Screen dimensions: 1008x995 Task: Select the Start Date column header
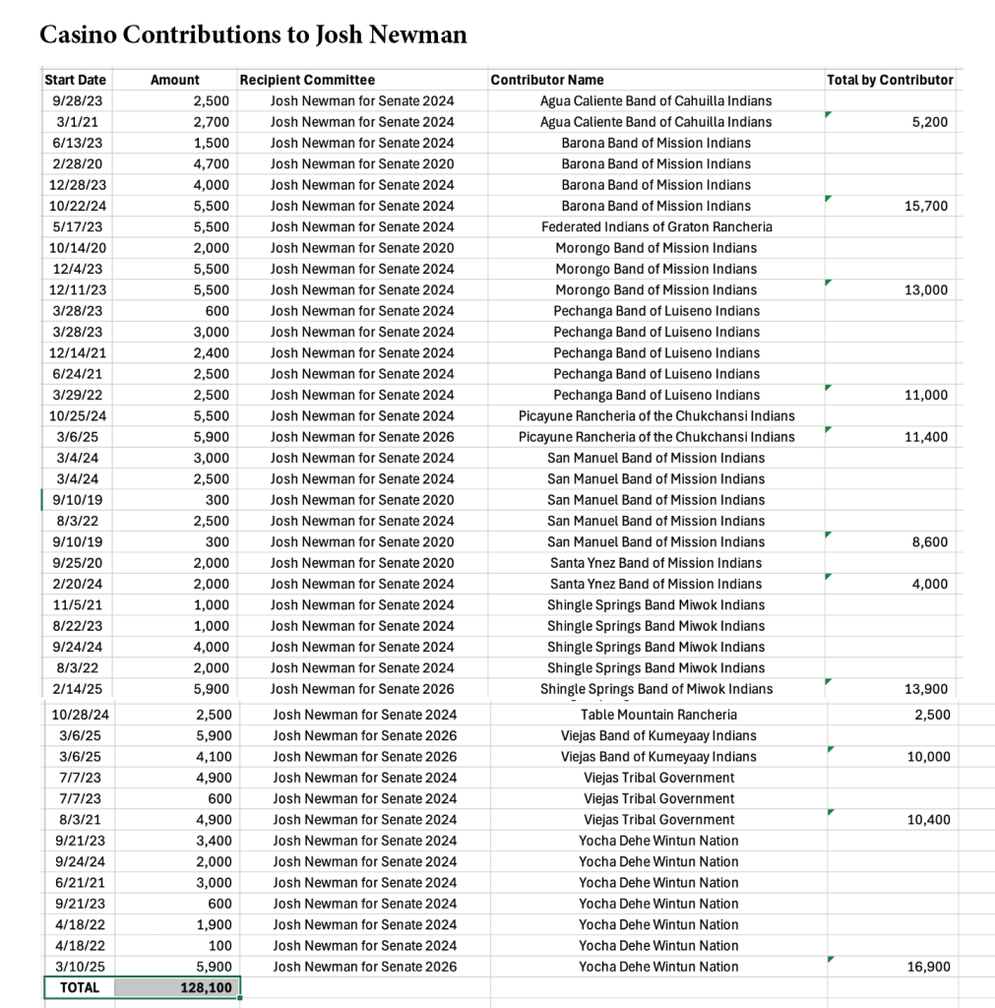coord(76,80)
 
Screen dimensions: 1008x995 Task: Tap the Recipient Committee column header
coord(307,80)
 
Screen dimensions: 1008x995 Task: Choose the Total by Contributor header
coord(890,80)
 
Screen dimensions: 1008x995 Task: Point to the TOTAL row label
coord(80,986)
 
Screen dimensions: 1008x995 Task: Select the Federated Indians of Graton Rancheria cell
coord(656,226)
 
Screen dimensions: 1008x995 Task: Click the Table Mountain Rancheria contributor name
coord(658,715)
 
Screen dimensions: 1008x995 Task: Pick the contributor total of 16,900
coord(927,967)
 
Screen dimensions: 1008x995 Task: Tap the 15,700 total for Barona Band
coord(925,206)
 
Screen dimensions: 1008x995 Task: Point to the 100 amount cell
coord(220,945)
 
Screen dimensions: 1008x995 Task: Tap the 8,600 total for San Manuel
coord(929,541)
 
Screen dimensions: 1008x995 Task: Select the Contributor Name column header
coord(547,80)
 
